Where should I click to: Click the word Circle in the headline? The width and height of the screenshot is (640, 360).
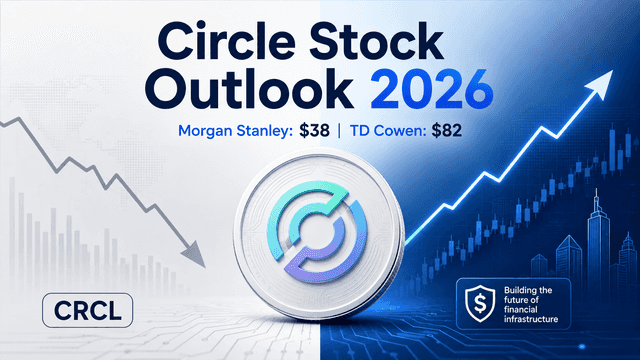(x=228, y=42)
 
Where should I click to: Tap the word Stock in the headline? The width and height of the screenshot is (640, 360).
(x=376, y=42)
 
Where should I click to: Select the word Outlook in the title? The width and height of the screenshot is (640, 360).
(x=250, y=89)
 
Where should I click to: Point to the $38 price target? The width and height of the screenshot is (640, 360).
(x=314, y=131)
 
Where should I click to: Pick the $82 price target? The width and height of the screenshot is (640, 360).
(x=447, y=131)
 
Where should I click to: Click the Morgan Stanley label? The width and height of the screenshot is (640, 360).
(x=236, y=131)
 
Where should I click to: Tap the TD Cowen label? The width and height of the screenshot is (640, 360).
(x=389, y=131)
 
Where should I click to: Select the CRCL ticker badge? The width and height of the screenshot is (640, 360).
(x=87, y=311)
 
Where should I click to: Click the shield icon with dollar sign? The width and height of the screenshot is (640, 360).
(x=481, y=303)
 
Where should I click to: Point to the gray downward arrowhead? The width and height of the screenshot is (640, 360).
(x=195, y=254)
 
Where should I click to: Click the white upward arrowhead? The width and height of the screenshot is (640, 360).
(x=600, y=84)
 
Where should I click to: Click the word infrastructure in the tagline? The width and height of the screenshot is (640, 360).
(x=531, y=319)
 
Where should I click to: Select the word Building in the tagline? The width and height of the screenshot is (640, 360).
(x=521, y=291)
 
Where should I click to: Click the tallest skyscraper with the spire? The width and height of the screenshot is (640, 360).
(x=598, y=237)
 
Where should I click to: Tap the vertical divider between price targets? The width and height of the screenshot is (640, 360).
(x=339, y=131)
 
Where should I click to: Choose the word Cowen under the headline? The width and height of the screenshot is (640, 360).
(x=401, y=131)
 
